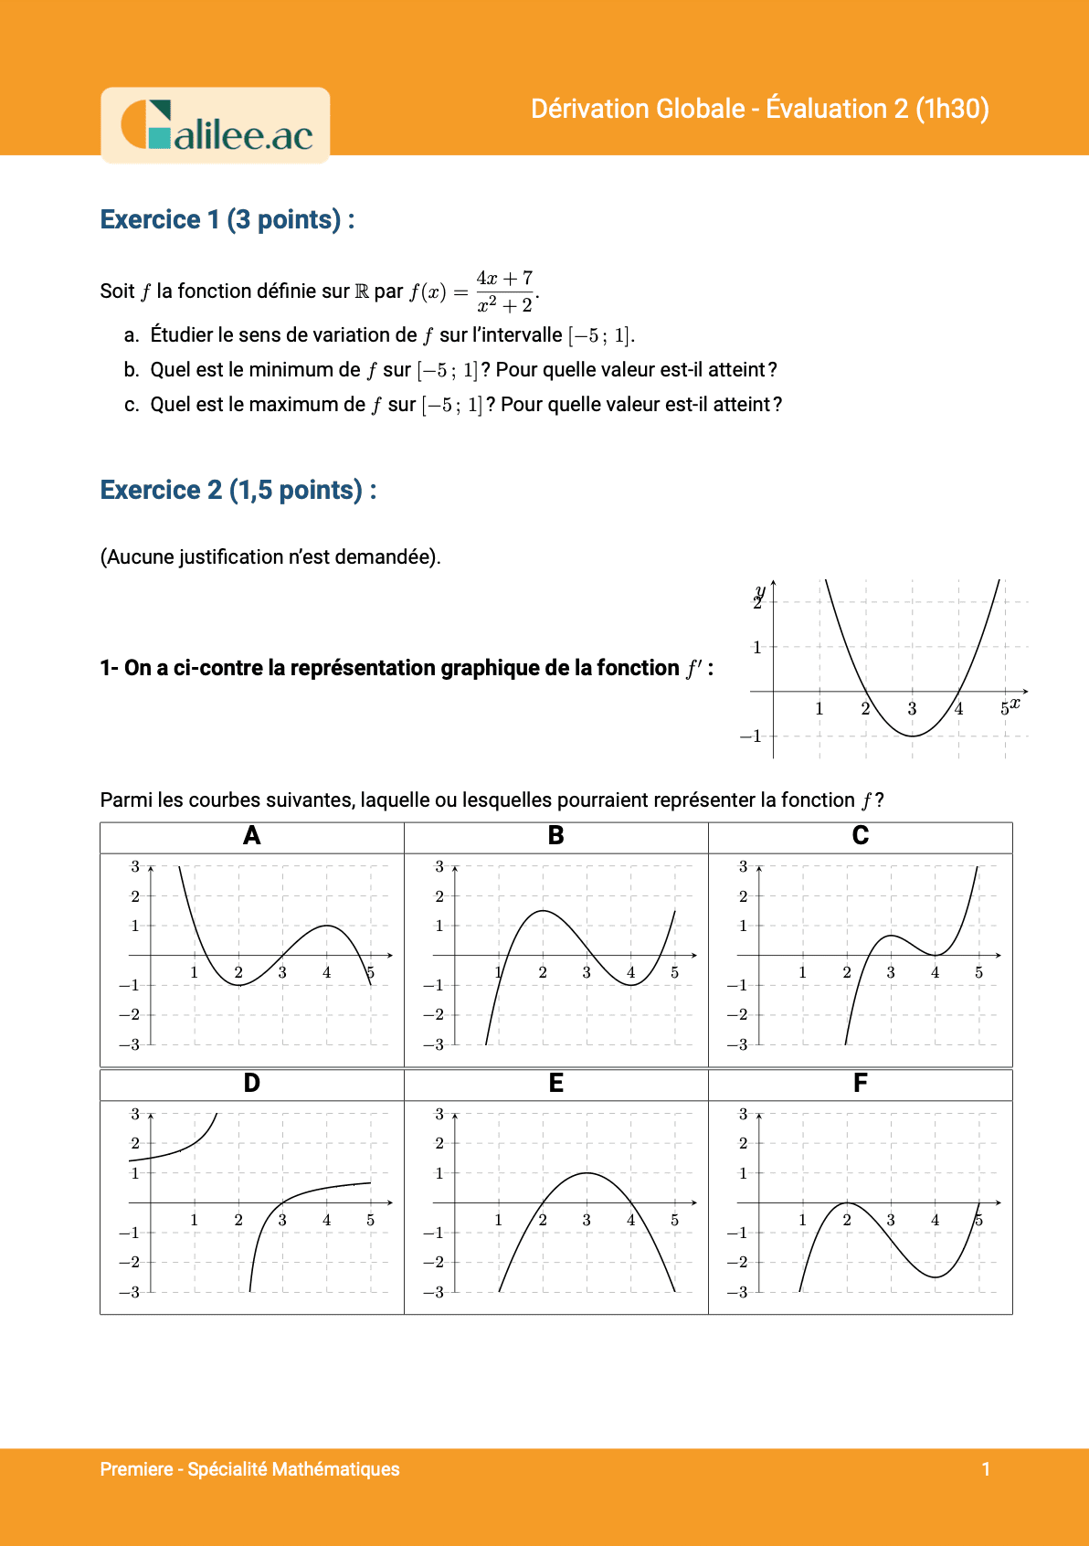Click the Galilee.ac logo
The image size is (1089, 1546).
click(x=216, y=126)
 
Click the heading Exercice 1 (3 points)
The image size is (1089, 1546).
click(x=227, y=220)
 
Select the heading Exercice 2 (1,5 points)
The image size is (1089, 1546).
click(x=238, y=491)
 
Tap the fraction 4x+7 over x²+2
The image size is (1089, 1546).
click(x=504, y=291)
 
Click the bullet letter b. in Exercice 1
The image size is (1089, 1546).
click(x=132, y=370)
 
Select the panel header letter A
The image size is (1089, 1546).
click(x=252, y=836)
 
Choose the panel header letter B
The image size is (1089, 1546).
click(x=555, y=836)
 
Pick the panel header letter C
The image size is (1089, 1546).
click(x=860, y=836)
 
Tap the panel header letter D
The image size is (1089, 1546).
click(x=252, y=1084)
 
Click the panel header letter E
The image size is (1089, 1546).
click(x=555, y=1084)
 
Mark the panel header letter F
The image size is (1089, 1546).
click(x=860, y=1084)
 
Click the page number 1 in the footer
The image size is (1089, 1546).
click(x=986, y=1469)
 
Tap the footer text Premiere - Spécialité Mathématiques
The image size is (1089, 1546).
click(x=249, y=1469)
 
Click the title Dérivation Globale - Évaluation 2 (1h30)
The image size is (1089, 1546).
click(x=759, y=109)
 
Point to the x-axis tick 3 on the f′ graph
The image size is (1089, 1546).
click(x=912, y=709)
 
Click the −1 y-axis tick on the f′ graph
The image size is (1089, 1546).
click(x=751, y=736)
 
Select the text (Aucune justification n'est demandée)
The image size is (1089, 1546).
click(x=270, y=557)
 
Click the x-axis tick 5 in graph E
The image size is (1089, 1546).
click(x=674, y=1221)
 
